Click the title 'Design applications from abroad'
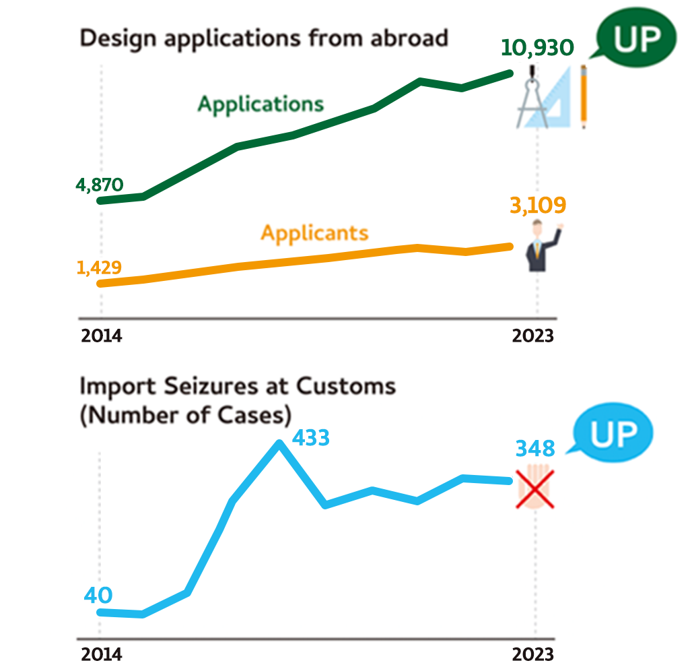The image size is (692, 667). point(264,38)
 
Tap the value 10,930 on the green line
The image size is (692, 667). point(537,48)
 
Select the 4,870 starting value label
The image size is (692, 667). point(100,185)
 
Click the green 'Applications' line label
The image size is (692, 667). point(261,104)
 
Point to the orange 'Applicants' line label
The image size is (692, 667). point(314,233)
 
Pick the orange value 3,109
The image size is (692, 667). point(538,206)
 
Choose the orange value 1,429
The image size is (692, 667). point(99,268)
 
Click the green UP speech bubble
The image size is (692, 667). point(635,40)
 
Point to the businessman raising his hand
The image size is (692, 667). point(540,247)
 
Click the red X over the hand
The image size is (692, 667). point(535,488)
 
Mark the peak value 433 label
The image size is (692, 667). point(310,438)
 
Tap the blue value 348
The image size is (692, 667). point(535,449)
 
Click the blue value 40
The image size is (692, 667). point(98,596)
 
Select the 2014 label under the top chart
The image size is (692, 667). point(102,335)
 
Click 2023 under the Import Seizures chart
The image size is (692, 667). point(533,654)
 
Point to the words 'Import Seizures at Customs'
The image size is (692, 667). point(238,386)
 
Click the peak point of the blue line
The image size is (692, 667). point(279,443)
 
